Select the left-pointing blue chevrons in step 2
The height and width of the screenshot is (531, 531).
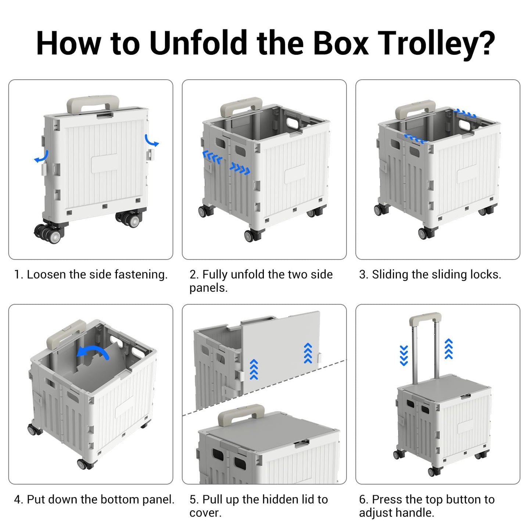212,157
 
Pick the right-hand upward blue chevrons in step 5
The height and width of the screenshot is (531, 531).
308,353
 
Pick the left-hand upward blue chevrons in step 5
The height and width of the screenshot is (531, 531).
254,369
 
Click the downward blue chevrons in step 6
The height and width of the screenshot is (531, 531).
404,355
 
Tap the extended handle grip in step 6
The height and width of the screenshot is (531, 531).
425,317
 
